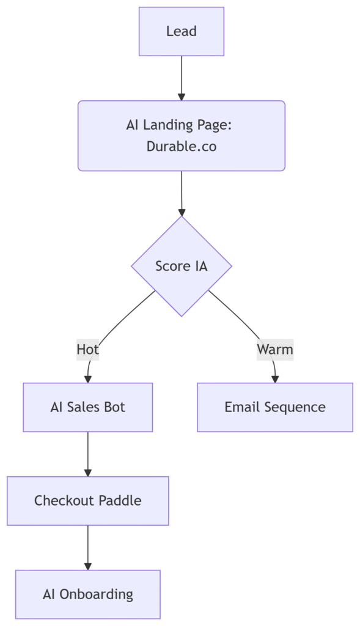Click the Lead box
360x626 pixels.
click(181, 31)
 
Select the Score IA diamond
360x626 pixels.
click(182, 267)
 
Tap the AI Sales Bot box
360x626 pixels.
click(88, 407)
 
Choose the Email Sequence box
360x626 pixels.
click(275, 407)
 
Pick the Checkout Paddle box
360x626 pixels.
click(88, 501)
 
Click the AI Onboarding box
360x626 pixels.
click(88, 594)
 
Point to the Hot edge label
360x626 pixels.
click(88, 349)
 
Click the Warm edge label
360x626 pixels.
click(275, 349)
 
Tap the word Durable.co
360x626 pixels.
click(182, 146)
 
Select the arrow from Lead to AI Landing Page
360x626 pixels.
click(182, 78)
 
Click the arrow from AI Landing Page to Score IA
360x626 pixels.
click(182, 194)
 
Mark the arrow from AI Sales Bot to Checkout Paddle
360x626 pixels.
click(88, 454)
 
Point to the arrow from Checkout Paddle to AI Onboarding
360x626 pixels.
click(88, 548)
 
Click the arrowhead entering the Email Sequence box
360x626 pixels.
click(275, 379)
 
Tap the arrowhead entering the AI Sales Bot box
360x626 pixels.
click(88, 379)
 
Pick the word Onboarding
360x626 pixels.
click(96, 595)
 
